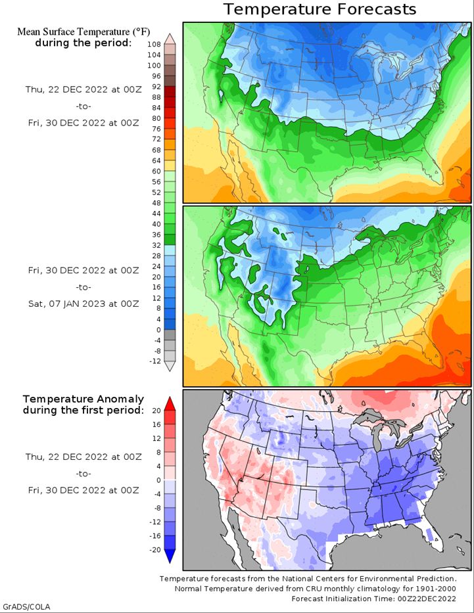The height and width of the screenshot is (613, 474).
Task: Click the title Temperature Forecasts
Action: pyautogui.click(x=320, y=9)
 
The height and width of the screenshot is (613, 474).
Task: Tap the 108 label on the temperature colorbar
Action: pyautogui.click(x=154, y=45)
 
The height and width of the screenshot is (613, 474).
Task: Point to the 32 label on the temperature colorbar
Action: pyautogui.click(x=156, y=246)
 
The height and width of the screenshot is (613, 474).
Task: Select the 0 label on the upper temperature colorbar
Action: pyautogui.click(x=158, y=330)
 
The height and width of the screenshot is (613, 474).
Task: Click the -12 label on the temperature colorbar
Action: pyautogui.click(x=155, y=361)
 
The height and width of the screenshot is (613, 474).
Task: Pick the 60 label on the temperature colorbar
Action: pyautogui.click(x=156, y=171)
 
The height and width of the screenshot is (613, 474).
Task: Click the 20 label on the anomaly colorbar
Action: pyautogui.click(x=156, y=411)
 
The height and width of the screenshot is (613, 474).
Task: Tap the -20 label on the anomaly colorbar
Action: pyautogui.click(x=155, y=550)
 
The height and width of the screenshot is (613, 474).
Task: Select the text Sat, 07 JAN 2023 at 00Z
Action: pyautogui.click(x=83, y=304)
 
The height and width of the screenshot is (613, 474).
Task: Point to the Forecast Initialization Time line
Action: pyautogui.click(x=373, y=599)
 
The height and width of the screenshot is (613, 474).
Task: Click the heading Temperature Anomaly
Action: pyautogui.click(x=83, y=399)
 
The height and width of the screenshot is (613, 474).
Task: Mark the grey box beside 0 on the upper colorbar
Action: pyautogui.click(x=170, y=335)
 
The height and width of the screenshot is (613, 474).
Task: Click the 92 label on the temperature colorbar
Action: pyautogui.click(x=156, y=87)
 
